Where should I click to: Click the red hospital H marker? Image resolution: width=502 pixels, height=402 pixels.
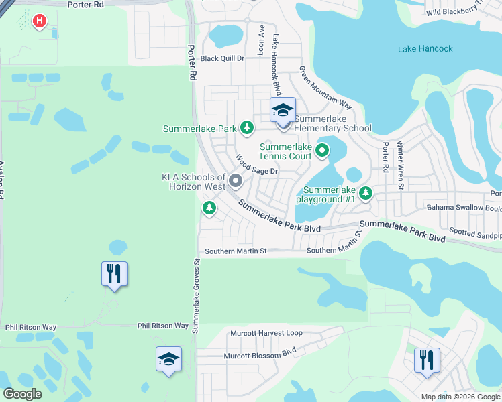40,21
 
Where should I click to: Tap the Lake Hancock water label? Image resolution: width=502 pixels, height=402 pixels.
425,49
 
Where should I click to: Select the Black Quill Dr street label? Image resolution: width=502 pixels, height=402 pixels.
222,58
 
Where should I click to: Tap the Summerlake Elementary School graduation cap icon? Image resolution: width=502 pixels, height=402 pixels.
283,109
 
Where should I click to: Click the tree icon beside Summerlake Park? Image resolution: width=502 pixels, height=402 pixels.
247,127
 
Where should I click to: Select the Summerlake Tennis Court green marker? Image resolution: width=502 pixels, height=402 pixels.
322,151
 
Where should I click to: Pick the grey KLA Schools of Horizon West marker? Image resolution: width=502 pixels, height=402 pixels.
236,181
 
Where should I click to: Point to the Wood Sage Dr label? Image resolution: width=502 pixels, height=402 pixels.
255,165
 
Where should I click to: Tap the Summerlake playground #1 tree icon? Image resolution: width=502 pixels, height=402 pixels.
365,194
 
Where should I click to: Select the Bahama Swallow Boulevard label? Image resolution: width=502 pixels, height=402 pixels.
464,208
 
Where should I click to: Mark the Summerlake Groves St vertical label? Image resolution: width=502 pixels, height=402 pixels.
197,295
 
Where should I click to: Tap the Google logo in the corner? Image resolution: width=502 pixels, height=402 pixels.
22,394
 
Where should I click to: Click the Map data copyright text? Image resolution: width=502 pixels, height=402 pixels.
460,397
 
